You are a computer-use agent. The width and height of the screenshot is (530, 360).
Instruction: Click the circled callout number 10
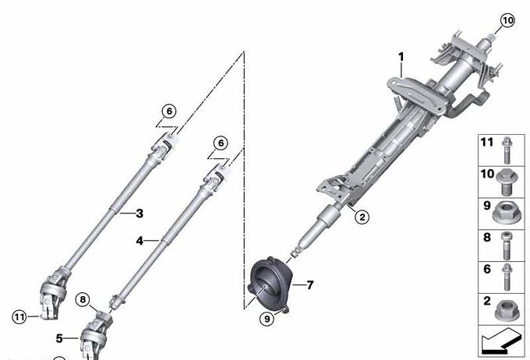(507, 20)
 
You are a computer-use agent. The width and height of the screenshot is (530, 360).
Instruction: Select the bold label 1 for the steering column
(401, 57)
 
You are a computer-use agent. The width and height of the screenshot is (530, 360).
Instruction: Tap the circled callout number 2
(362, 217)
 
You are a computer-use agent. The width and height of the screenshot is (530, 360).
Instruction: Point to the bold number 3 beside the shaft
(140, 214)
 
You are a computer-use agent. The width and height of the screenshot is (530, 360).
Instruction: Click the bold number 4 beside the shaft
(140, 241)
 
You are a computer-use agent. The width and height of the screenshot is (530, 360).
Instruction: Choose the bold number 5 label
(59, 338)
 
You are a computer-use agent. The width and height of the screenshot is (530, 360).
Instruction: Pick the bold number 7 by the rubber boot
(310, 285)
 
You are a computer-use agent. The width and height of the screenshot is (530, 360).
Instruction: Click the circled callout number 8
(83, 299)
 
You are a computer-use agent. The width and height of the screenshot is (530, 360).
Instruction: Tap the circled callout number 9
(267, 319)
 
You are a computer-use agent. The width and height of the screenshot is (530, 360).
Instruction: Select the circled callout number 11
(19, 317)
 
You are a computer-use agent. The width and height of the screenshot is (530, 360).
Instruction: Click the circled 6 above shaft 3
(169, 111)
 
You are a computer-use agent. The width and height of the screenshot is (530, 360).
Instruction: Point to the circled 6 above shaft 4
(221, 143)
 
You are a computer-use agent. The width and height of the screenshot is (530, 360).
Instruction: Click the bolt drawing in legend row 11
(507, 150)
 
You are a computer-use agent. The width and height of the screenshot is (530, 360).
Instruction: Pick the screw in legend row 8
(506, 245)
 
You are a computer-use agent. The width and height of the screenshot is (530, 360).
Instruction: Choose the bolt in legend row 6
(507, 277)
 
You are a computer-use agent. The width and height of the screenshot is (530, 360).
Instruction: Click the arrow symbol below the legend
(500, 341)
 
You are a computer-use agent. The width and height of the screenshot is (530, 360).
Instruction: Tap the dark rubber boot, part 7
(269, 284)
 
